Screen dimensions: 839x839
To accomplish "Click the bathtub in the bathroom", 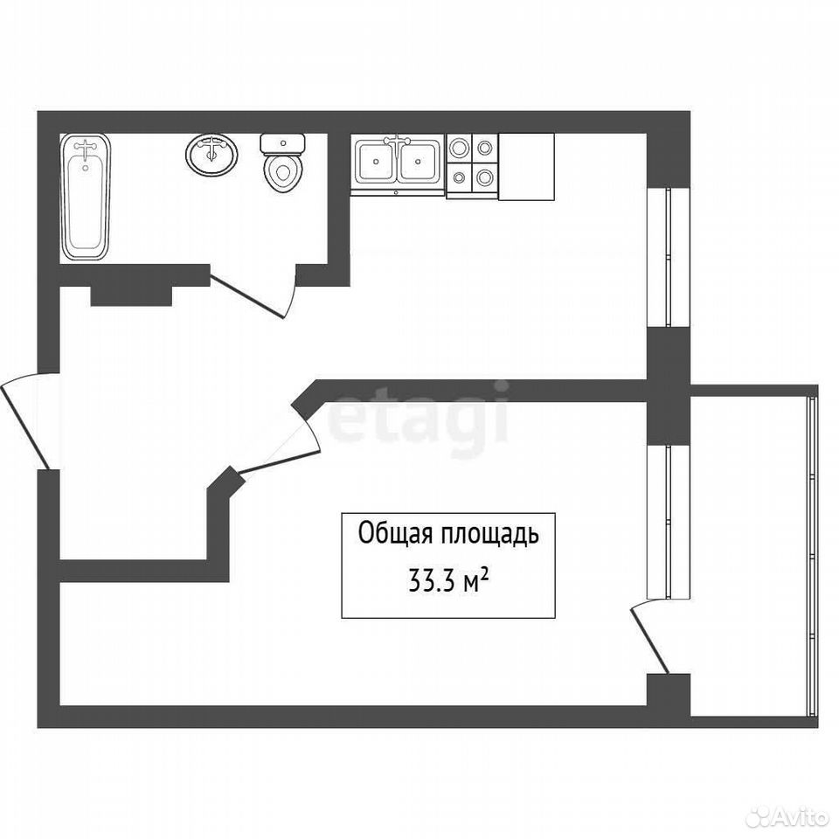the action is [86, 198].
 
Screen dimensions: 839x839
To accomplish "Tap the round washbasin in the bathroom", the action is [211, 154].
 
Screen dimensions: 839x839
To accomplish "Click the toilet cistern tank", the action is [282, 143].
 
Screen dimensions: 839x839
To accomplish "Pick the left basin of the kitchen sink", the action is [376, 161].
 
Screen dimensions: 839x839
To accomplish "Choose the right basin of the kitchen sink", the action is [419, 161].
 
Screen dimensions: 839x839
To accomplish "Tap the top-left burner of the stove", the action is [459, 147].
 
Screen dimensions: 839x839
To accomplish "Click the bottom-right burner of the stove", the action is [485, 177].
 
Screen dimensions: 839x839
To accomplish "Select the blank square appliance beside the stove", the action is [526, 167].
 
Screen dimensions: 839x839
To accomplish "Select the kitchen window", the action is [668, 257].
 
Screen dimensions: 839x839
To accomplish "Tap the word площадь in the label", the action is [489, 535].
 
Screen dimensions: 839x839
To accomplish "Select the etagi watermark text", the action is [419, 418].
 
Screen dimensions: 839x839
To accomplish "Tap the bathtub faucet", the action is [86, 149].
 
